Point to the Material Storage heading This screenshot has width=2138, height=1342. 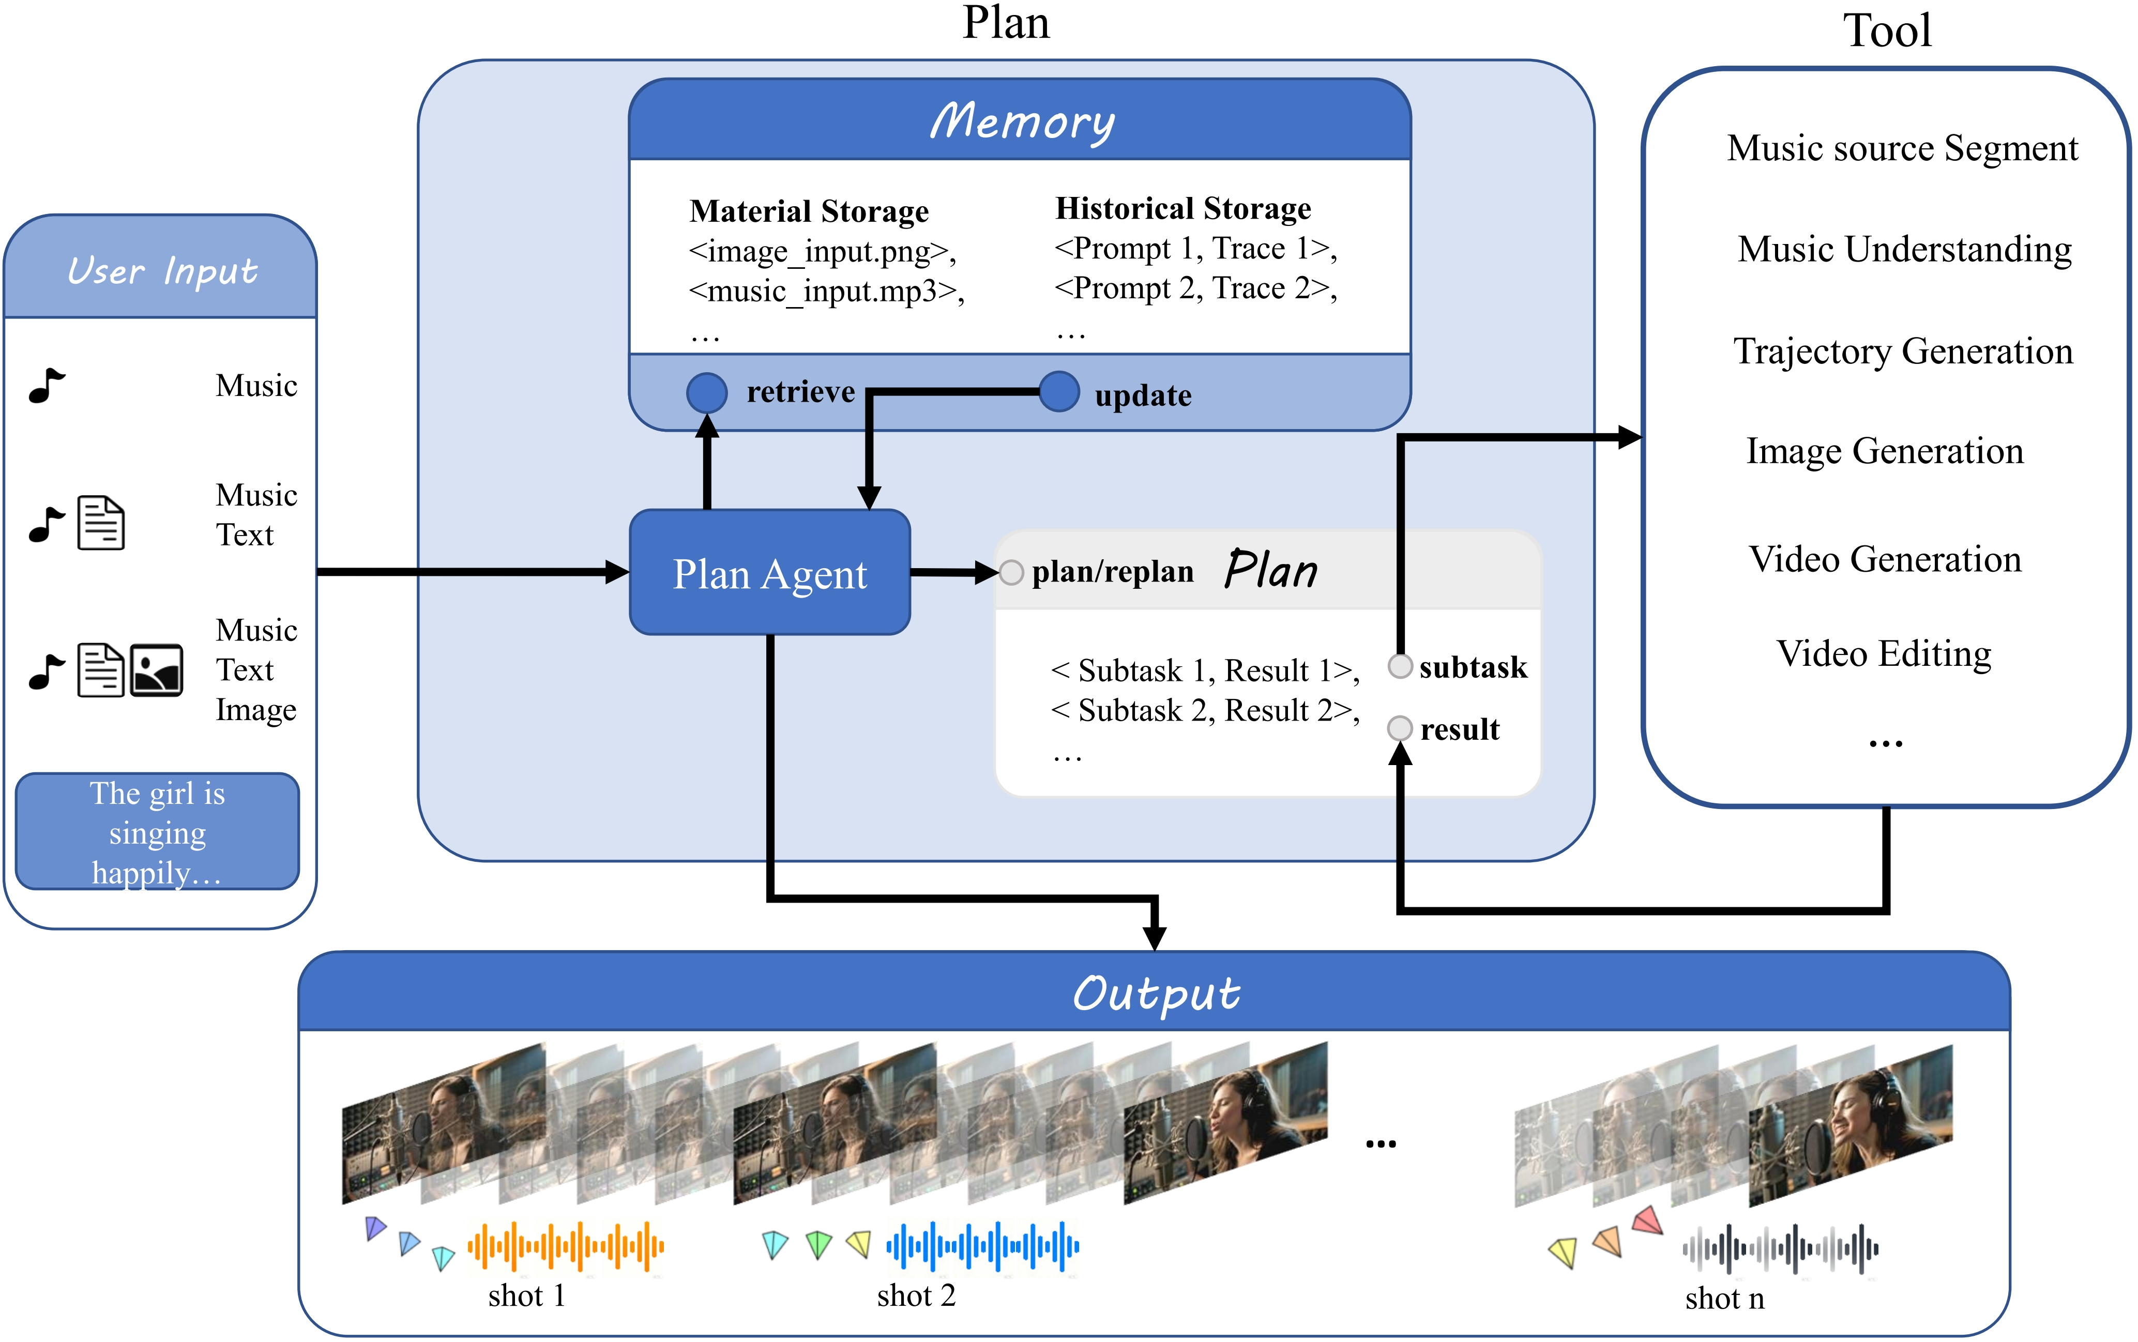pos(809,211)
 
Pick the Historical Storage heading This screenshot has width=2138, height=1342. pos(1182,208)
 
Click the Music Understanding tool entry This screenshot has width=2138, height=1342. pos(1904,249)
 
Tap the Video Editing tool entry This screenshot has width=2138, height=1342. pos(1883,654)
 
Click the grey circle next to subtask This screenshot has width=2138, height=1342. pos(1400,666)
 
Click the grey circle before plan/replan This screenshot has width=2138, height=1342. pos(1011,572)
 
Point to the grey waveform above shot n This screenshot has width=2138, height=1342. pos(1780,1249)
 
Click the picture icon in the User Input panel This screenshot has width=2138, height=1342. pos(156,670)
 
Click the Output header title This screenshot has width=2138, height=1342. pos(1156,993)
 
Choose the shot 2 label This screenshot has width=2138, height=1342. pos(916,1296)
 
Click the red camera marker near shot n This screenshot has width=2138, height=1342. pos(1647,1221)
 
